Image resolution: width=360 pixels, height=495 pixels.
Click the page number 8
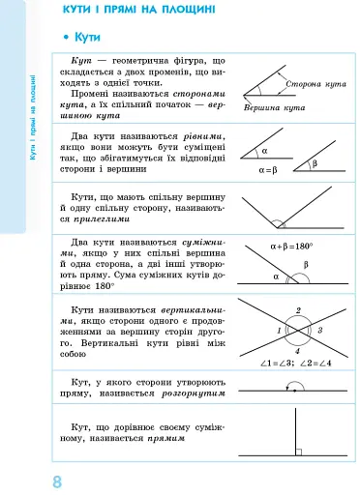[57, 480]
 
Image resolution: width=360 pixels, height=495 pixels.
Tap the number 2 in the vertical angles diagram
[298, 310]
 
